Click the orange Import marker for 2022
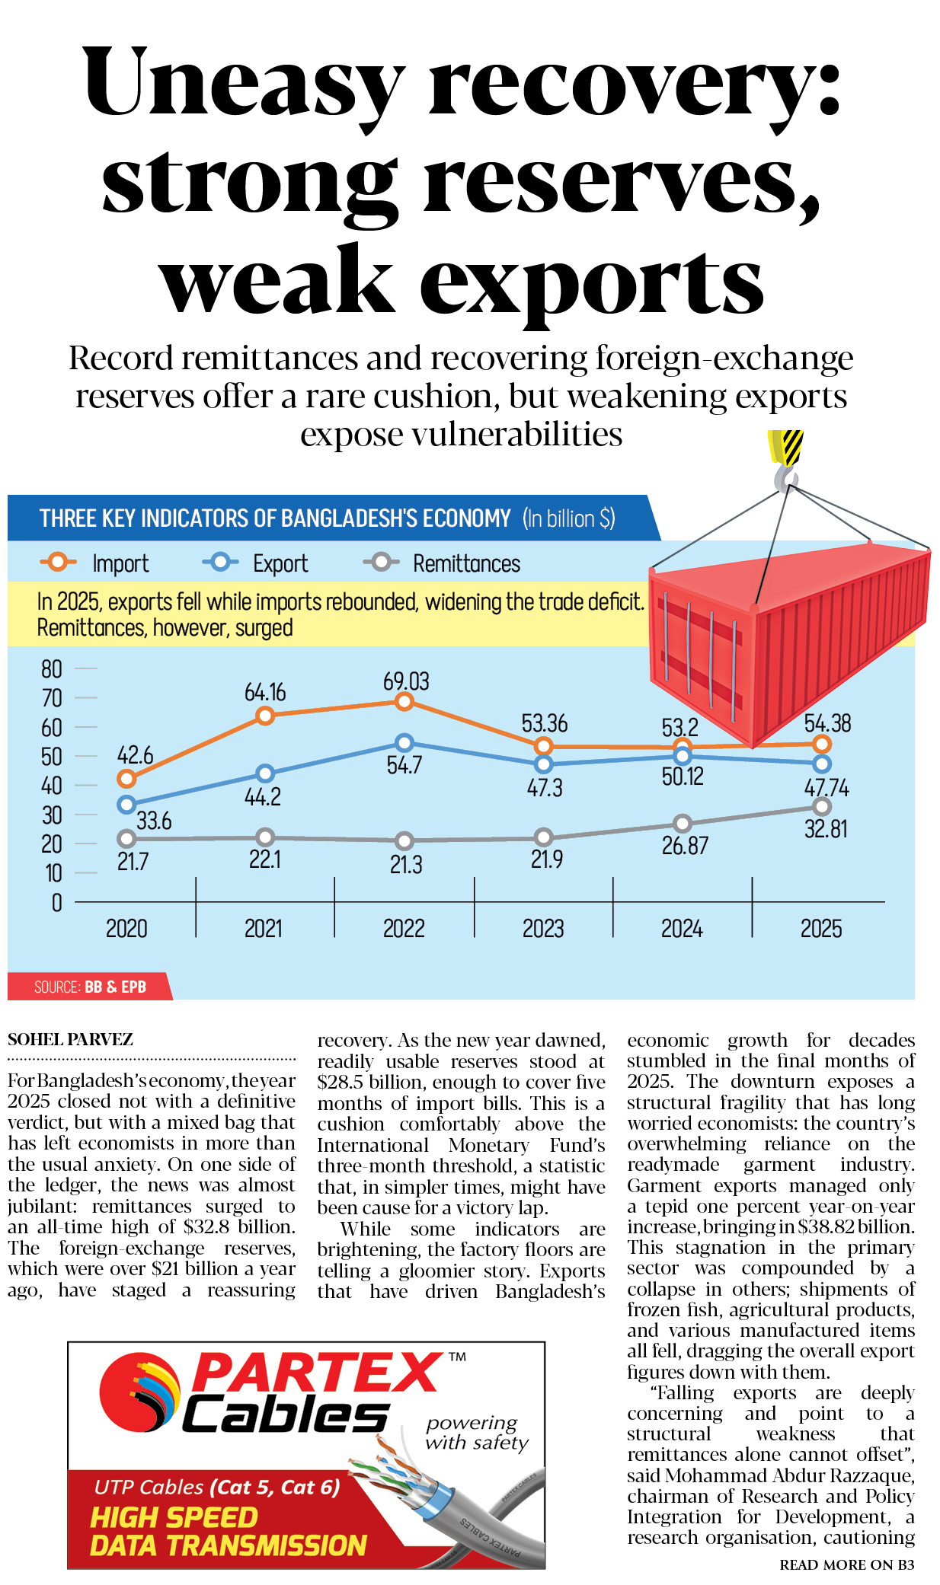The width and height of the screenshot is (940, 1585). click(404, 701)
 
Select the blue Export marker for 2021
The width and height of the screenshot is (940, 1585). click(265, 773)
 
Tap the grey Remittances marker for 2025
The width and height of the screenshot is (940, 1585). click(822, 806)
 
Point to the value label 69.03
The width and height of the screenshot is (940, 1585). click(406, 681)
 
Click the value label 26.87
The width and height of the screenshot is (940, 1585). click(685, 846)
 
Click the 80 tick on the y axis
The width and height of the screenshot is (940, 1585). click(52, 669)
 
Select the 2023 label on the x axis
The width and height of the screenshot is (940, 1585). click(543, 929)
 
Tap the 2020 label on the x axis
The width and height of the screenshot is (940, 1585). click(126, 929)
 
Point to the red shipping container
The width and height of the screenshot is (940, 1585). click(785, 639)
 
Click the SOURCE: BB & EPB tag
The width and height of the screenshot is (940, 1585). click(90, 987)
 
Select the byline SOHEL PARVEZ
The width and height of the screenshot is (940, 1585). click(70, 1040)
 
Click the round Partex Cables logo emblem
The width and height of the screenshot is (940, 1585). click(140, 1392)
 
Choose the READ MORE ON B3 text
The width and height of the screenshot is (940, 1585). click(846, 1565)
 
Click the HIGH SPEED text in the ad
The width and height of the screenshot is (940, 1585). click(174, 1517)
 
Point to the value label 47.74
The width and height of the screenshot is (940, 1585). click(826, 787)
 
